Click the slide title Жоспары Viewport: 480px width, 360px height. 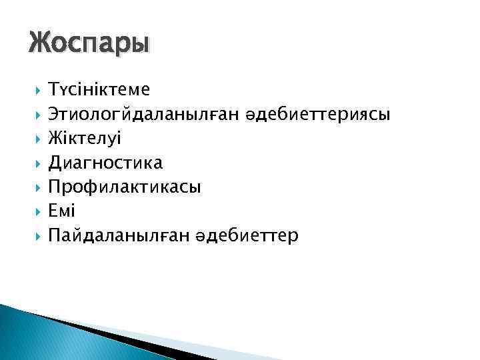pos(89,45)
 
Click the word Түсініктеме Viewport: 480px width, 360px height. pos(99,89)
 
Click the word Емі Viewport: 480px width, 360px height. pos(62,211)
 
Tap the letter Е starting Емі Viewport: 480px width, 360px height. pos(54,211)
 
